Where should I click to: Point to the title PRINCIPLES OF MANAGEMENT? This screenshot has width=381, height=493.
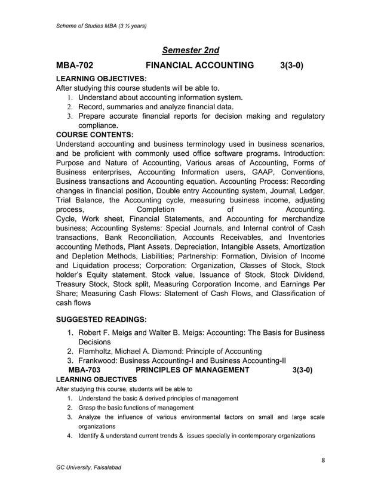(x=193, y=370)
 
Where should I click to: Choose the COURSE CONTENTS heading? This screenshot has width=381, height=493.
(x=94, y=135)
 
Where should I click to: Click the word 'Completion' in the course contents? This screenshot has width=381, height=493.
(x=156, y=210)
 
